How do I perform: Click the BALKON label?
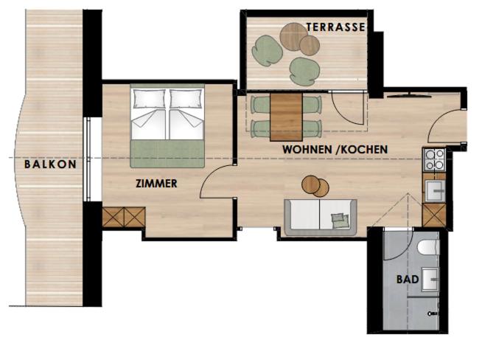[50, 164]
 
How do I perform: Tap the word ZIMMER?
[156, 184]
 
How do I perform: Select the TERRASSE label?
[335, 27]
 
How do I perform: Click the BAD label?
[408, 280]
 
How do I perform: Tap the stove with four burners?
[435, 159]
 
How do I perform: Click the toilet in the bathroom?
[429, 247]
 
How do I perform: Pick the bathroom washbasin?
[430, 280]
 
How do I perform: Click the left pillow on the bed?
[149, 98]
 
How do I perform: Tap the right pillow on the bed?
[186, 98]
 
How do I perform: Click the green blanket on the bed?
[167, 153]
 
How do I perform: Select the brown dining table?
[286, 117]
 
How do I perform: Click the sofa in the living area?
[321, 217]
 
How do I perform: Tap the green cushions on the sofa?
[340, 221]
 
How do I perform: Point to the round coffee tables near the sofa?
[315, 186]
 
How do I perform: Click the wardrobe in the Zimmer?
[124, 217]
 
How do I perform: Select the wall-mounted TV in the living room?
[409, 95]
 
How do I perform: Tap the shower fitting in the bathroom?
[433, 314]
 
